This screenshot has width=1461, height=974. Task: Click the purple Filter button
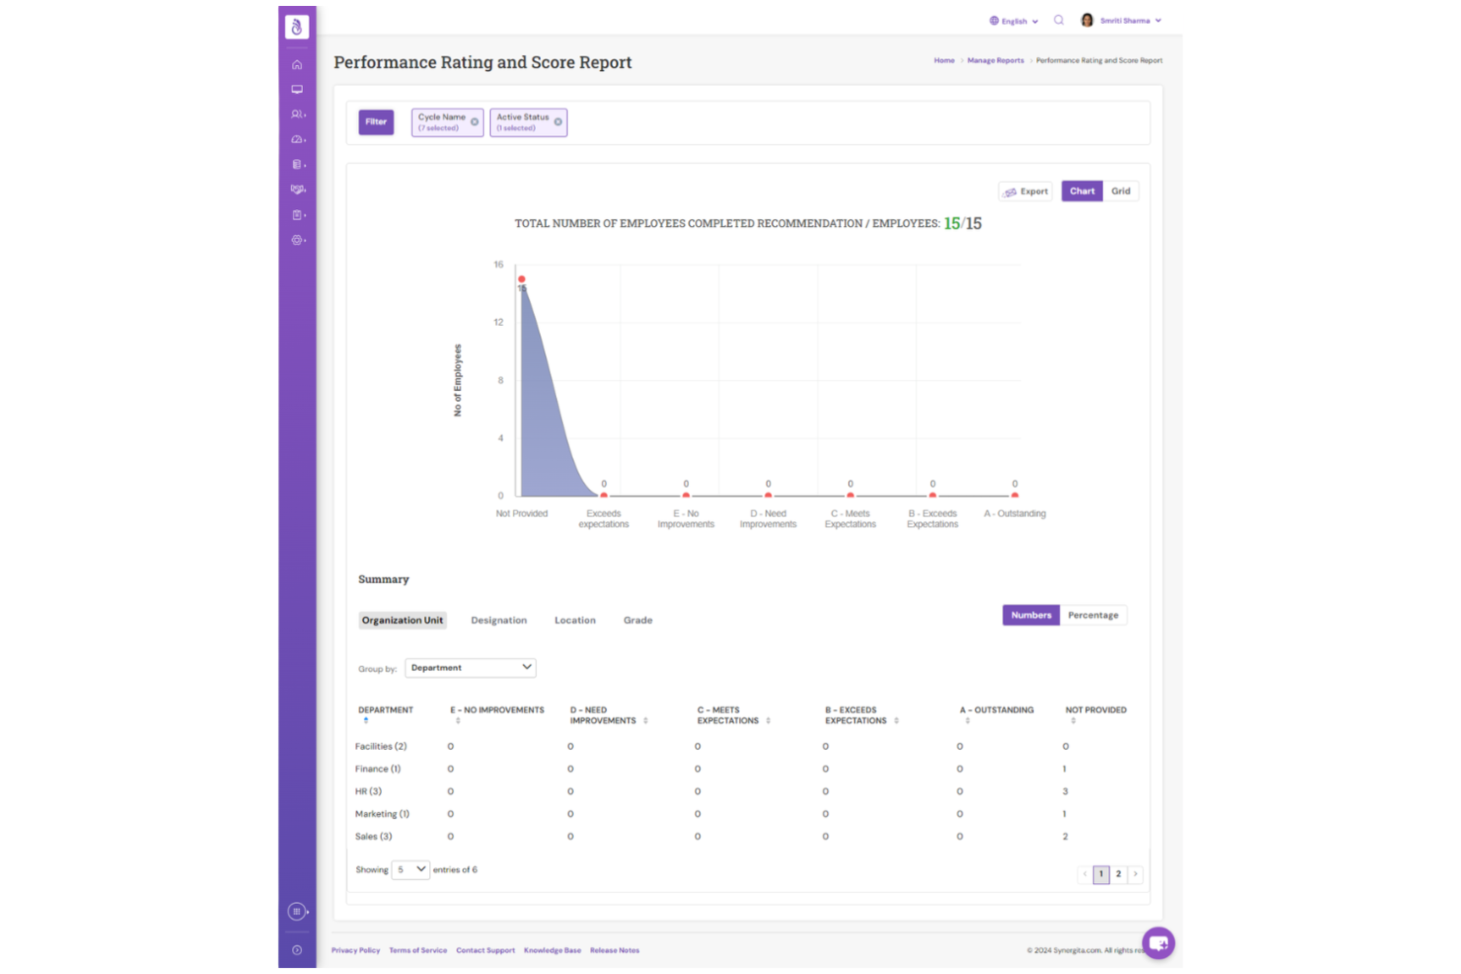pyautogui.click(x=375, y=122)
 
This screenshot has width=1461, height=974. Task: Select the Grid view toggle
pyautogui.click(x=1120, y=191)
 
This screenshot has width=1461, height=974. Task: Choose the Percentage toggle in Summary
pyautogui.click(x=1093, y=616)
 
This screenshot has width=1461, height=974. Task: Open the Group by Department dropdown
pyautogui.click(x=471, y=668)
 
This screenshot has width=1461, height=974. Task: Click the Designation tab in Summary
pyautogui.click(x=499, y=621)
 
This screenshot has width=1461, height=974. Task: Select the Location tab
pyautogui.click(x=575, y=621)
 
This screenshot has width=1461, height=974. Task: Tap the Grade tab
pyautogui.click(x=638, y=621)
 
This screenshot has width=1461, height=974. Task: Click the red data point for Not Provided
pyautogui.click(x=521, y=279)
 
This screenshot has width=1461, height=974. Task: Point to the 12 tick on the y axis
pyautogui.click(x=499, y=323)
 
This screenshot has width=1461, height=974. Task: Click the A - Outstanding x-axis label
pyautogui.click(x=1015, y=514)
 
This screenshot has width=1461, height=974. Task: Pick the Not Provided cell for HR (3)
pyautogui.click(x=1065, y=791)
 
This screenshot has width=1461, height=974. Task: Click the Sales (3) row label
pyautogui.click(x=373, y=837)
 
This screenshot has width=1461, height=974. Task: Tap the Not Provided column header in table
pyautogui.click(x=1095, y=711)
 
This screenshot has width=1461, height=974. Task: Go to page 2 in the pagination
pyautogui.click(x=1118, y=874)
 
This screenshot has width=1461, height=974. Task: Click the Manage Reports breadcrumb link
pyautogui.click(x=995, y=61)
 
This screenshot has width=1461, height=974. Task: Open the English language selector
pyautogui.click(x=1014, y=21)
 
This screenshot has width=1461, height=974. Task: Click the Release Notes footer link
pyautogui.click(x=614, y=951)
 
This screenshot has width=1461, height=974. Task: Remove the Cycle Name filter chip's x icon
pyautogui.click(x=475, y=122)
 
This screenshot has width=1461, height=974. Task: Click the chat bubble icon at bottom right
pyautogui.click(x=1158, y=943)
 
